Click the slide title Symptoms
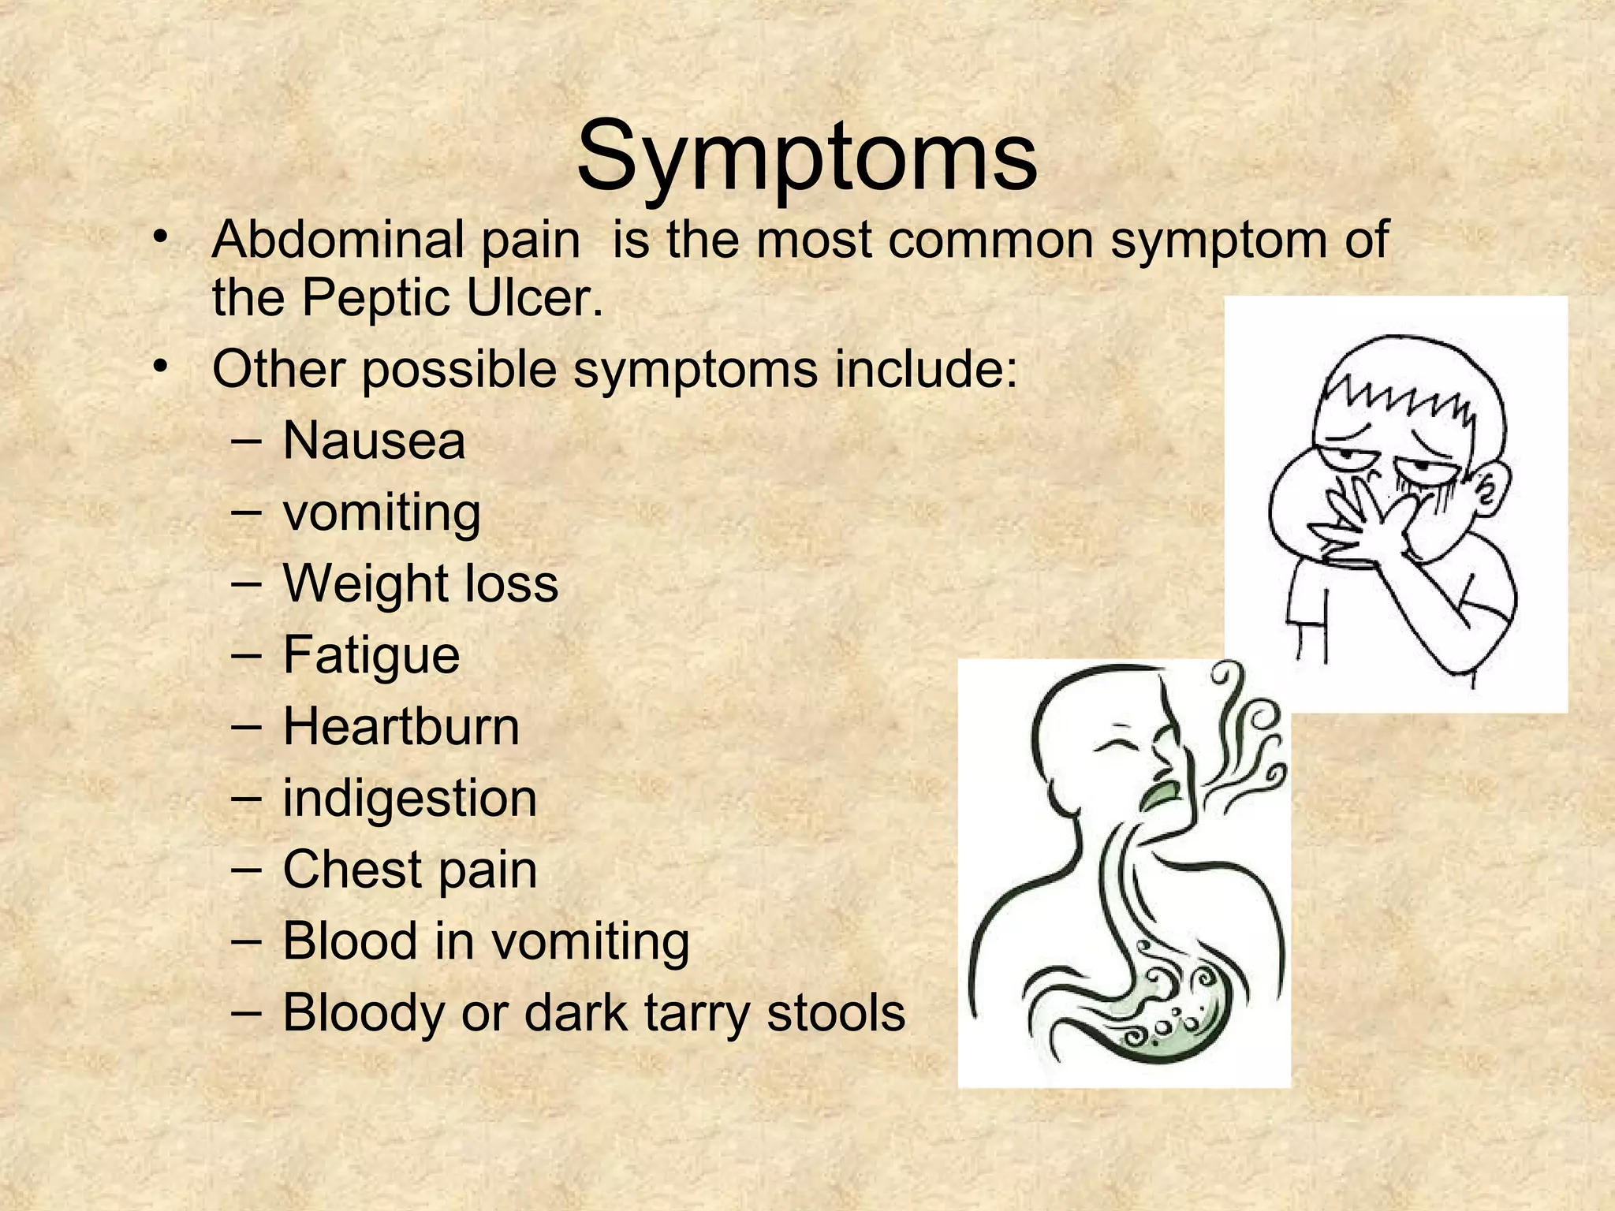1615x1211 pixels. [807, 158]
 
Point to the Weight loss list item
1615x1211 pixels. [420, 583]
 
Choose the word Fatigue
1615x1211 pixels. [371, 655]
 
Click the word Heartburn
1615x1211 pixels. [401, 726]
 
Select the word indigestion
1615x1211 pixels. [409, 798]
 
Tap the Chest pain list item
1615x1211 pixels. [409, 870]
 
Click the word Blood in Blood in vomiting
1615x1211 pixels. [349, 941]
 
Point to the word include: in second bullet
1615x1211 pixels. [927, 369]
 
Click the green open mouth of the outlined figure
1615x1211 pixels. [1159, 796]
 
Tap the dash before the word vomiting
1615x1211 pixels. [246, 512]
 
